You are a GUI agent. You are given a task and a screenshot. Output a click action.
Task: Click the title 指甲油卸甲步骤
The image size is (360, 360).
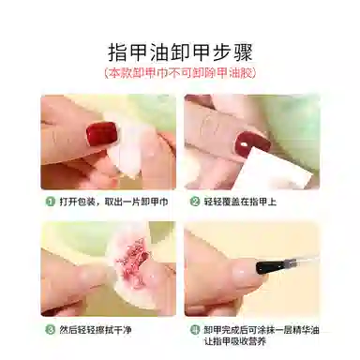pyautogui.click(x=180, y=52)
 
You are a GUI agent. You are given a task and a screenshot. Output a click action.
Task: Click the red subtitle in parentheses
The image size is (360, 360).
pyautogui.click(x=180, y=73)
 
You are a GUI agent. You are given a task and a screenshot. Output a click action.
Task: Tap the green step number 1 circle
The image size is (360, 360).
pyautogui.click(x=51, y=202)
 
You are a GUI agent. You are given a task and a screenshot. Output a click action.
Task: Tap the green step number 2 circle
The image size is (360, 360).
pyautogui.click(x=195, y=202)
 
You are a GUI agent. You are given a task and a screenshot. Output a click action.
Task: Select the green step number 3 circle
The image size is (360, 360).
pyautogui.click(x=51, y=329)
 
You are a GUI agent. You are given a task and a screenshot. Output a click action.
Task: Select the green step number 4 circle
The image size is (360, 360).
pyautogui.click(x=195, y=329)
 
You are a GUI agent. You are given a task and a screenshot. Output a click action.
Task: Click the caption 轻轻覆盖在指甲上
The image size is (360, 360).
pyautogui.click(x=240, y=202)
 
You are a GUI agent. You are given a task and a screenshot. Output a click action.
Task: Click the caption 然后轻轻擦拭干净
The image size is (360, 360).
pyautogui.click(x=96, y=329)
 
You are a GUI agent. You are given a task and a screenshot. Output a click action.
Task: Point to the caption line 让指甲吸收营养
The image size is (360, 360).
pyautogui.click(x=235, y=341)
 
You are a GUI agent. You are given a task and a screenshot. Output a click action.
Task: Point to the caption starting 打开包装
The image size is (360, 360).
pyautogui.click(x=113, y=202)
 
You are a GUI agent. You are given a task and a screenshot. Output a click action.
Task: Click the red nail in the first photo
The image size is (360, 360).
pyautogui.click(x=102, y=135)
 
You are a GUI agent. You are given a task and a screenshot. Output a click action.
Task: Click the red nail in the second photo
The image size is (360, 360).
pyautogui.click(x=252, y=142)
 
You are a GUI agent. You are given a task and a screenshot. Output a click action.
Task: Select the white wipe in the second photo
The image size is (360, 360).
pyautogui.click(x=275, y=169)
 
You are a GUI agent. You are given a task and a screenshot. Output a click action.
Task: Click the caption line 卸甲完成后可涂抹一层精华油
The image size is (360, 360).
pyautogui.click(x=262, y=329)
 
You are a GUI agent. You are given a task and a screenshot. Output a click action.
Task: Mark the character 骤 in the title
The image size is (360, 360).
pyautogui.click(x=243, y=52)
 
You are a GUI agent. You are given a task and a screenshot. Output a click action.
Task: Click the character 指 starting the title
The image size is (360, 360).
pyautogui.click(x=118, y=52)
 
